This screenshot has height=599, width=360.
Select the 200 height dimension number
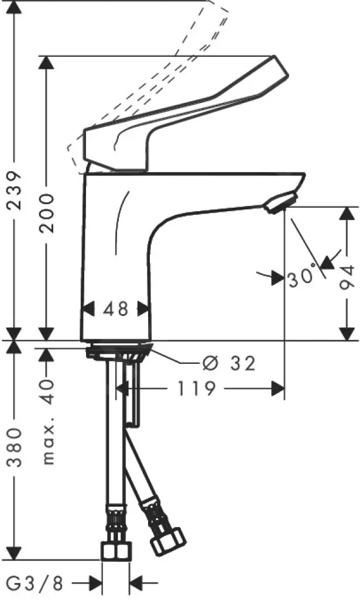[49, 214]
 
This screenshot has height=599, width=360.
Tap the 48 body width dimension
[115, 309]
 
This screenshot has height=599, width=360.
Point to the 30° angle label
[301, 280]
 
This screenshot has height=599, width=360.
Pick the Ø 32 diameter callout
[228, 364]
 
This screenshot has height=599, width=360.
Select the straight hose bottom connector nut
[116, 550]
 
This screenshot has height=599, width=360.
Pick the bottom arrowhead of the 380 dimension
[13, 552]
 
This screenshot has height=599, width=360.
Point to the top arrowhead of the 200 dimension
[49, 64]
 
